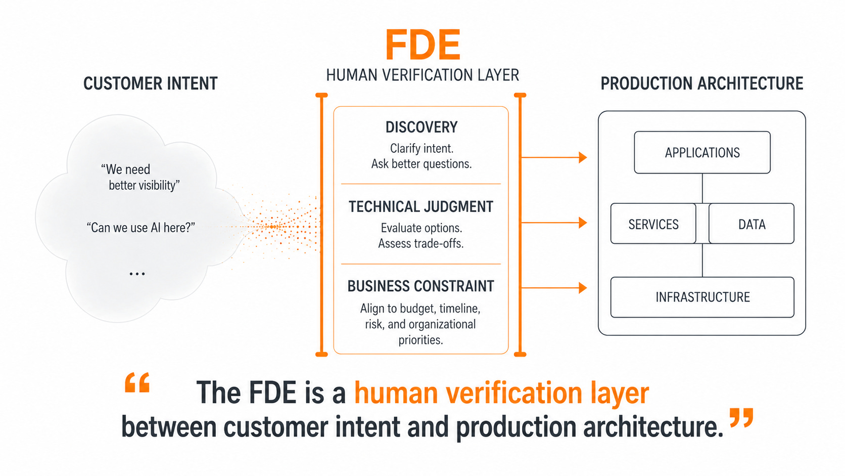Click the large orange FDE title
coord(423,45)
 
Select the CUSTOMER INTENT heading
coord(151,83)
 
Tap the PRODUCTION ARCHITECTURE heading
coord(701,83)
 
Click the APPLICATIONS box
coord(702,152)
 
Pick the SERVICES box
coord(653,224)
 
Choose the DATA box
coord(752,224)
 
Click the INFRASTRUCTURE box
coord(702,297)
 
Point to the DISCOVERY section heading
coord(421,127)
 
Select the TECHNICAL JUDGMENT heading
coord(421,207)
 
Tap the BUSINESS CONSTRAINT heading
coord(420,286)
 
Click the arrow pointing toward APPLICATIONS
coord(554,157)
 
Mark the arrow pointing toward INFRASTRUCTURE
coord(554,288)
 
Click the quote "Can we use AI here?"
coord(140,228)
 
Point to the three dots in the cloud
coord(137,274)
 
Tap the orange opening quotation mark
coord(137,383)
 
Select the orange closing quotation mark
coord(741,417)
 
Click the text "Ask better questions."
coord(421,164)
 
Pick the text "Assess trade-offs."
coord(421,243)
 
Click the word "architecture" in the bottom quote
coord(653,426)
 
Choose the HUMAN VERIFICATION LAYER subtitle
coord(423,75)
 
